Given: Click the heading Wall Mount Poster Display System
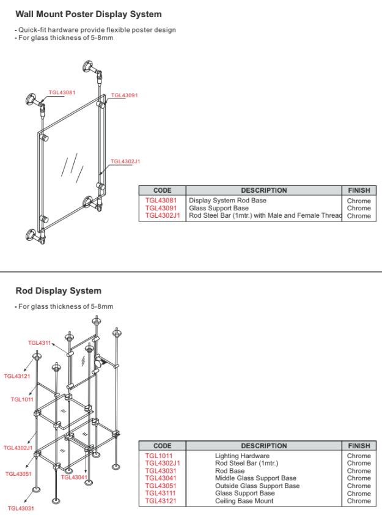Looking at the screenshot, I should (89, 14).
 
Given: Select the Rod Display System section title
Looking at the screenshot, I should (58, 291).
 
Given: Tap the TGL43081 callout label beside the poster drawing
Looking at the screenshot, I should (62, 92).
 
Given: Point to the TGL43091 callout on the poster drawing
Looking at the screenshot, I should (124, 95).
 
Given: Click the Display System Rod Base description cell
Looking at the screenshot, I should (227, 200).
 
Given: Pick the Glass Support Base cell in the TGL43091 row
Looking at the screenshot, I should (218, 208).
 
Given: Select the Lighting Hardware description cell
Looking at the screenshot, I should (242, 456).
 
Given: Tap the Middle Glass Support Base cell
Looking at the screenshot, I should (255, 478).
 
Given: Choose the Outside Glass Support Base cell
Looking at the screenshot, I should (257, 486).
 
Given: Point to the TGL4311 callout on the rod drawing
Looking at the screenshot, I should (40, 343).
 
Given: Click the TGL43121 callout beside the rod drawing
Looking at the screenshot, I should (17, 376).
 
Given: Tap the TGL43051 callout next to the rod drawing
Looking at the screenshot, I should (18, 474).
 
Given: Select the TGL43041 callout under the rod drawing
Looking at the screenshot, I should (75, 477).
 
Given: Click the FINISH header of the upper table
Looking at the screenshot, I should (358, 190).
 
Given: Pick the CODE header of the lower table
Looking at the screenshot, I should (162, 446).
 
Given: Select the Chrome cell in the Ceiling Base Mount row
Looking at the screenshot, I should (359, 501).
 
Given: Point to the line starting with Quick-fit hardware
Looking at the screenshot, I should (96, 30).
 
